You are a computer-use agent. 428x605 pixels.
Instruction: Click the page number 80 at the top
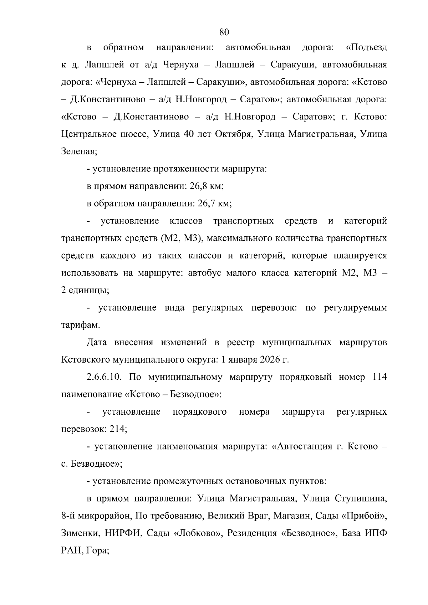(224, 32)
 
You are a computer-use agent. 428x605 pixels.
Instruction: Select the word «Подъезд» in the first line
(366, 48)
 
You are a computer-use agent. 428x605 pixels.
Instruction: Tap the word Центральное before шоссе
(92, 134)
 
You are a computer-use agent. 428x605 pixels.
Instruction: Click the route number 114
(379, 377)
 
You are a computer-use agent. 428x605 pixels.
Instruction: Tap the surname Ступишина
(361, 498)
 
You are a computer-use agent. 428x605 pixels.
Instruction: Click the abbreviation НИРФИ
(120, 533)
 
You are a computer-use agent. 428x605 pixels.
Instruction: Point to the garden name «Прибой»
(366, 516)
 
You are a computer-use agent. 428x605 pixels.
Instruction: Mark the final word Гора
(98, 551)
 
